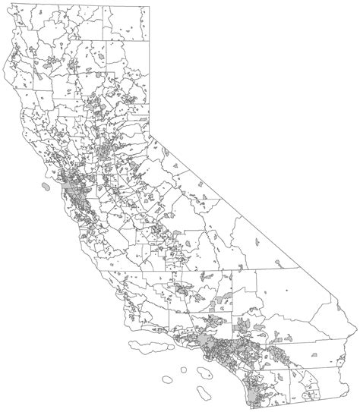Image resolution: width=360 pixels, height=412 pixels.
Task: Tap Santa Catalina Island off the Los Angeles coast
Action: tap(203, 372)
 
